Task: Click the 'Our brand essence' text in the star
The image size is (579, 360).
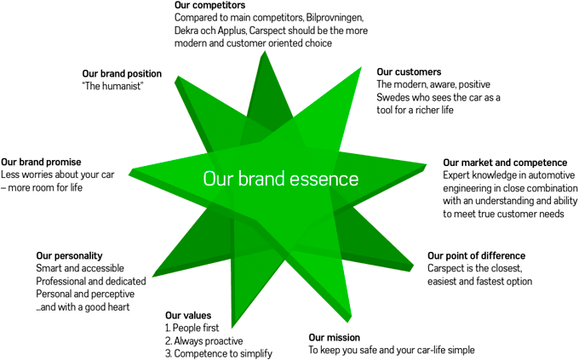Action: [x=280, y=180]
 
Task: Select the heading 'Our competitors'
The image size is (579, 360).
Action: [x=205, y=5]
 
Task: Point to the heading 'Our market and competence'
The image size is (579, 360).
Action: [x=505, y=163]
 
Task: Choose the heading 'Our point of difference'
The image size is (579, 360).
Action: [x=476, y=255]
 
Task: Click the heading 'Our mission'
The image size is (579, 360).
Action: [x=335, y=338]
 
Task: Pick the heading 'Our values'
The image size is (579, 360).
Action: [x=188, y=316]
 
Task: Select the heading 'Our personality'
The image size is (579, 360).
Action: [x=69, y=255]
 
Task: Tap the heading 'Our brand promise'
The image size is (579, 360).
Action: [x=41, y=162]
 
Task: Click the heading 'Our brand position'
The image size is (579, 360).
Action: [x=122, y=74]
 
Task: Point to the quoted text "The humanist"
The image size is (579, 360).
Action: [x=113, y=87]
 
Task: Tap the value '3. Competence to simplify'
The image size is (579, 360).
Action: [x=219, y=354]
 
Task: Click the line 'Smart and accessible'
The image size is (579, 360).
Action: [x=79, y=268]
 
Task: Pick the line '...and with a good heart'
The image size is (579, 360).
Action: [x=83, y=306]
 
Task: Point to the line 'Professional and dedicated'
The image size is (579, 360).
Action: [x=91, y=281]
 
